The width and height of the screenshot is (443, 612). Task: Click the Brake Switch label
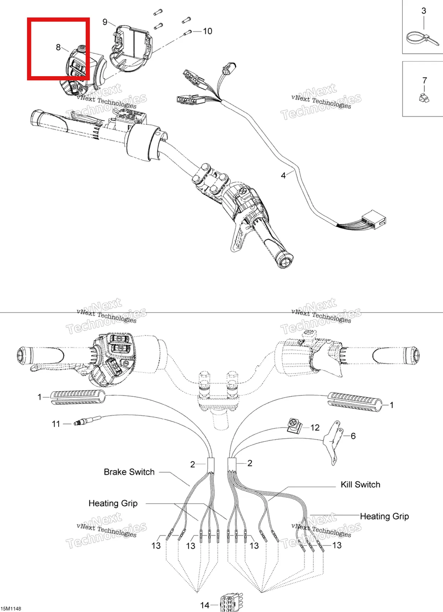tap(129, 472)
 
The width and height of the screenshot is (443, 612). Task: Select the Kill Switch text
tap(360, 484)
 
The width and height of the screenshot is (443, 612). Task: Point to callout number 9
tap(105, 22)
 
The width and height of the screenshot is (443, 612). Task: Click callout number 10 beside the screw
tap(207, 31)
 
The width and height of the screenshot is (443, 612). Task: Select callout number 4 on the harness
tap(283, 176)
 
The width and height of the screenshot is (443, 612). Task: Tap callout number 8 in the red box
tap(58, 47)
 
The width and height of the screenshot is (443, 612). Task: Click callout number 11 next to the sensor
tap(56, 424)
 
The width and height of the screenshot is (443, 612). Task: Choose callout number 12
tap(315, 427)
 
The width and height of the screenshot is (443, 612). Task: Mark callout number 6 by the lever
tap(353, 436)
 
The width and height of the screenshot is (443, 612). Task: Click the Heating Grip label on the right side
tap(384, 516)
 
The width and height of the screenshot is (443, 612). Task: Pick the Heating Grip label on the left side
tap(113, 503)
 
